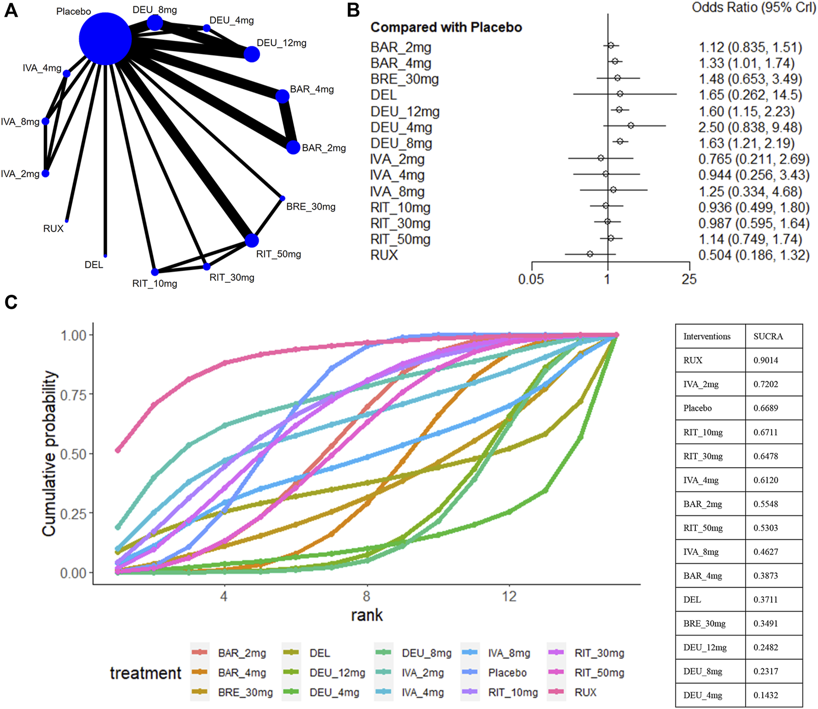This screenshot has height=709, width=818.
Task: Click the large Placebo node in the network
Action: [105, 39]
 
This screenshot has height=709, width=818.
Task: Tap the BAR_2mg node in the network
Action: [293, 147]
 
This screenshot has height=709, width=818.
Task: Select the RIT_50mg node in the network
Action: [252, 240]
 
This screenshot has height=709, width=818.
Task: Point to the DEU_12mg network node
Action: [252, 54]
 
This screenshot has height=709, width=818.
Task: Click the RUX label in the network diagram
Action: [53, 229]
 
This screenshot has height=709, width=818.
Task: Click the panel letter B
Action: [353, 10]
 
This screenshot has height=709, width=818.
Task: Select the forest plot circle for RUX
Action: [590, 254]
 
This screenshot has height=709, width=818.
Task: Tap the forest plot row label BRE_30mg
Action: [404, 79]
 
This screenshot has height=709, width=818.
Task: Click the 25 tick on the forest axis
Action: [689, 279]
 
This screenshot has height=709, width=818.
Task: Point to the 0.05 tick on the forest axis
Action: [531, 279]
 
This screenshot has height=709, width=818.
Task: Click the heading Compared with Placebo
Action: [446, 27]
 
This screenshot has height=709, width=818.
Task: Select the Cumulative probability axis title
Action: [50, 453]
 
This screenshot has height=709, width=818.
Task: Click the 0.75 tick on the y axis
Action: [74, 395]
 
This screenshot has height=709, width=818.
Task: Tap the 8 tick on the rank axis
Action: [366, 596]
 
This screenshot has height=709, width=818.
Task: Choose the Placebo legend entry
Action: [507, 672]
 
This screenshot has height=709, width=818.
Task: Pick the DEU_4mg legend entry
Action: [334, 692]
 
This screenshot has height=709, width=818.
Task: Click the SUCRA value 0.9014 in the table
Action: [766, 360]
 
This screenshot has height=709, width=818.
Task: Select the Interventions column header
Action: [707, 336]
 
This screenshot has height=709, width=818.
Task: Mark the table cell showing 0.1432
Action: [766, 695]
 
